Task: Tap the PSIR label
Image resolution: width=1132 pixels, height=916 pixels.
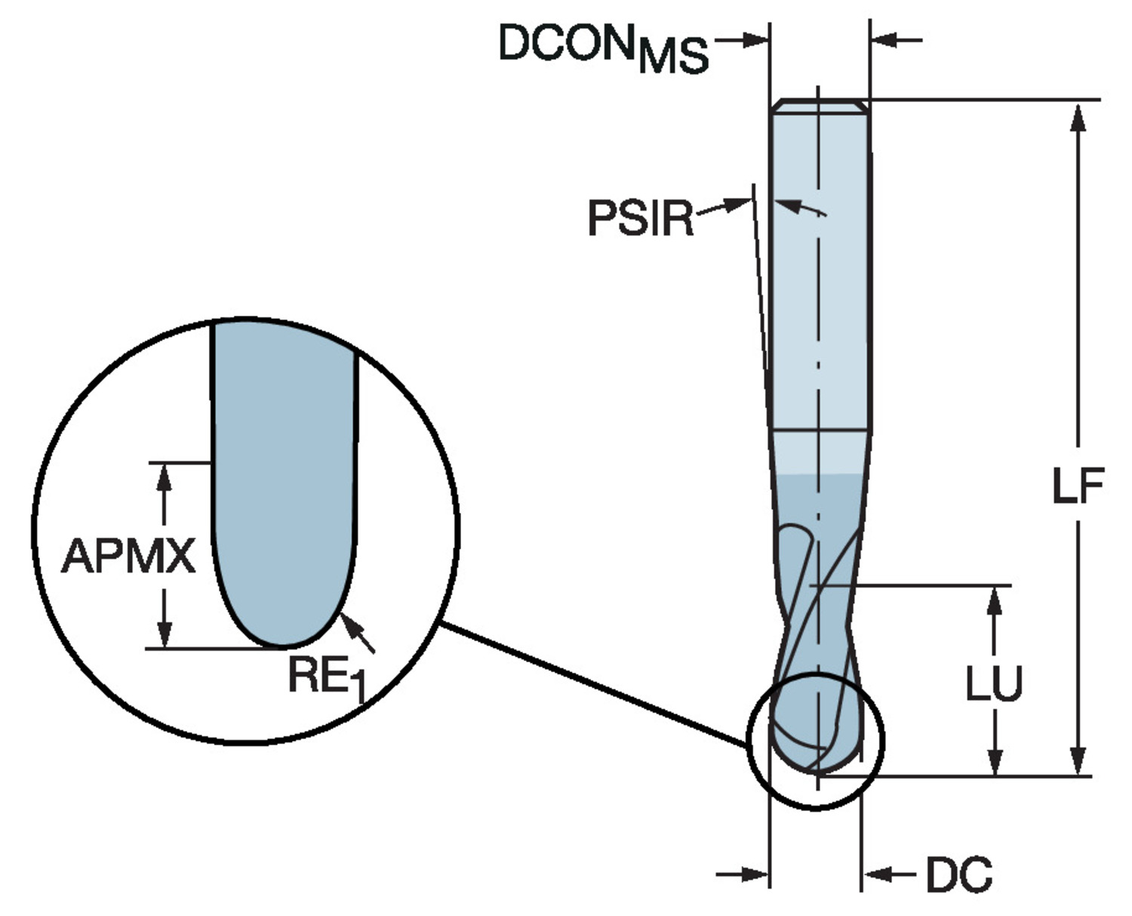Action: pos(640,218)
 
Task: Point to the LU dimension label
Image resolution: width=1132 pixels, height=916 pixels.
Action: pos(995,683)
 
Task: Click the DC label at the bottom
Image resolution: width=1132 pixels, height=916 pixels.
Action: pos(958,874)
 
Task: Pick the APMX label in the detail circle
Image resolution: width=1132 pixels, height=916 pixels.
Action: pos(128,557)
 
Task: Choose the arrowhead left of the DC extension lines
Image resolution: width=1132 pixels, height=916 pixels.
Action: pos(754,874)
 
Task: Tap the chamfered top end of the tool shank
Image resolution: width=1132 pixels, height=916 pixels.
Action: pos(820,106)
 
